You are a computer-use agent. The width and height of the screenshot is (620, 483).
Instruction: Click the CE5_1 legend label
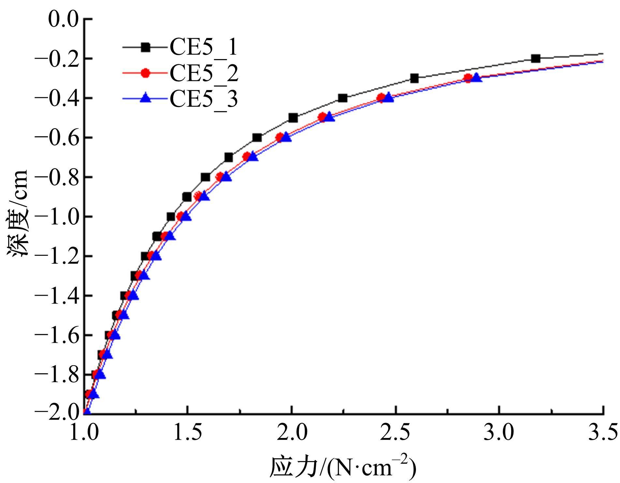coord(203,48)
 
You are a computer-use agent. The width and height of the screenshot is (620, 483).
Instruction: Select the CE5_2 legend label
coord(203,73)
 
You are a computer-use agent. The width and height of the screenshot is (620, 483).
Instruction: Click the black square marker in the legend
coord(145,47)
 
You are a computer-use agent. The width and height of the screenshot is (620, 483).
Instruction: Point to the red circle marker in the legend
coord(145,73)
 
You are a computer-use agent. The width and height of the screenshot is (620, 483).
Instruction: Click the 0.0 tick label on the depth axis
coord(63,20)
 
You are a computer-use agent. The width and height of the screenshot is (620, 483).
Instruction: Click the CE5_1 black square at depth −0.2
coord(535,59)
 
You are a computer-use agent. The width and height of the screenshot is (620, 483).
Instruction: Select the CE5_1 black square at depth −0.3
coord(414,79)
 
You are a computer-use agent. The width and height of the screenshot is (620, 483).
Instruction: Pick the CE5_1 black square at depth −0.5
coord(293,118)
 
